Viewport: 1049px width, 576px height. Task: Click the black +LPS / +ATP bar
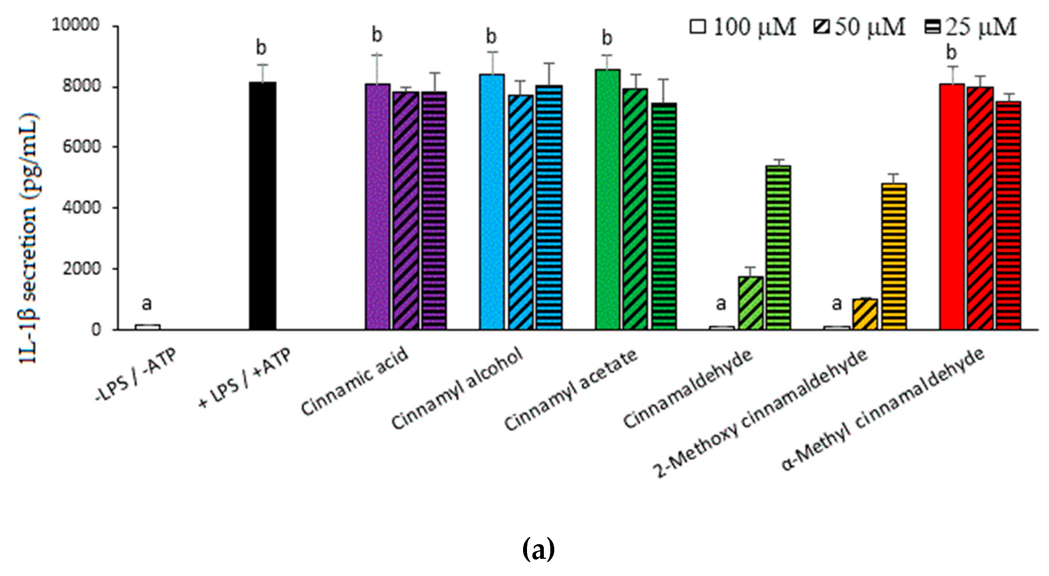point(263,205)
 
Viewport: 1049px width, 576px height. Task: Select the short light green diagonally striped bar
point(751,303)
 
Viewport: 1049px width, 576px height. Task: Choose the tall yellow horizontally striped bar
point(894,256)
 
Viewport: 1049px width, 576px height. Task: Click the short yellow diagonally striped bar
point(865,314)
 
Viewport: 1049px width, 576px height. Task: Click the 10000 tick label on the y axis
point(76,25)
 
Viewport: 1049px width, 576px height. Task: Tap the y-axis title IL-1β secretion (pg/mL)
point(29,238)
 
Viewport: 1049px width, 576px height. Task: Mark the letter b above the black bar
point(261,48)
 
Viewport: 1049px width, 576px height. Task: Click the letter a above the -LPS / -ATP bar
point(147,303)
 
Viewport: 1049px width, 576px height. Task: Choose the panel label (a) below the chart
point(538,549)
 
